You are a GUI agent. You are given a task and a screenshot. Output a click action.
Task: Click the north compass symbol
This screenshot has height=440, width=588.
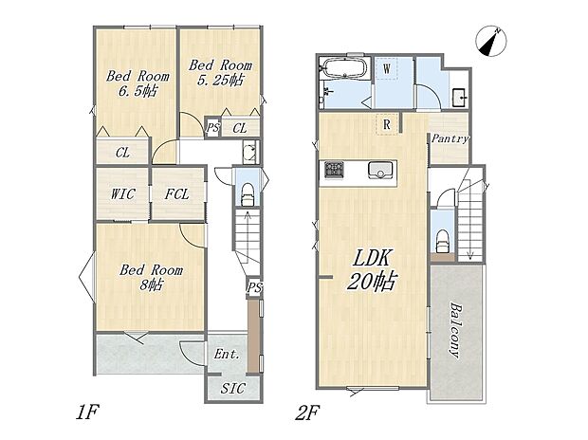491,42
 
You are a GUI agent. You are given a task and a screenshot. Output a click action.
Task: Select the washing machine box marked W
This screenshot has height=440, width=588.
387,68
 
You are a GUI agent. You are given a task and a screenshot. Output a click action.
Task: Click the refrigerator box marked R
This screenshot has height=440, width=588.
387,124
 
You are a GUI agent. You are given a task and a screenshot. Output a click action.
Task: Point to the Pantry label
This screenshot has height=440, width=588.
450,138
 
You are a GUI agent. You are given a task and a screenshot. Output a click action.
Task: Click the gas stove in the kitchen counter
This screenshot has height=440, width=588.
333,170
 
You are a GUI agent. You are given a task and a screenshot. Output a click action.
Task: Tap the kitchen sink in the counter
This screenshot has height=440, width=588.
382,170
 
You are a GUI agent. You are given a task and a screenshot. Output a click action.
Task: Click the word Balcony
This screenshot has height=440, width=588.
456,330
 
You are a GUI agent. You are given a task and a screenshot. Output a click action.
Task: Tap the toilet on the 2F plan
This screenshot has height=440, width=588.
443,241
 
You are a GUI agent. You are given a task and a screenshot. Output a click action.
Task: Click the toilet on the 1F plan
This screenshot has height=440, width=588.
247,194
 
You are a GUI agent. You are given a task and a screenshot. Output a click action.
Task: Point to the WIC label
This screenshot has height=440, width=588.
122,194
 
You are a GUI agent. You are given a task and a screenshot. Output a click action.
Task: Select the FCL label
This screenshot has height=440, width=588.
177,194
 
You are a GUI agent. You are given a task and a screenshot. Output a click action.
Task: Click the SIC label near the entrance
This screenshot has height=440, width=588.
232,388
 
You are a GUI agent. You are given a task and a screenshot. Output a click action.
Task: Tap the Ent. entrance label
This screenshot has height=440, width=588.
227,354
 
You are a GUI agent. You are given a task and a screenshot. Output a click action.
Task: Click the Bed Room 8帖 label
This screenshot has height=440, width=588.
151,277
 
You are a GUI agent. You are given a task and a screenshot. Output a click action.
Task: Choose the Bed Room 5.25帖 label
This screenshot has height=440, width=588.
220,72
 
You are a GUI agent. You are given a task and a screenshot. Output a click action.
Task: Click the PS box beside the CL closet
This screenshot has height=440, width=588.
212,127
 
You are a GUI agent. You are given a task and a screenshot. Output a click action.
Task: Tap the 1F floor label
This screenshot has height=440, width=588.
86,413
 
